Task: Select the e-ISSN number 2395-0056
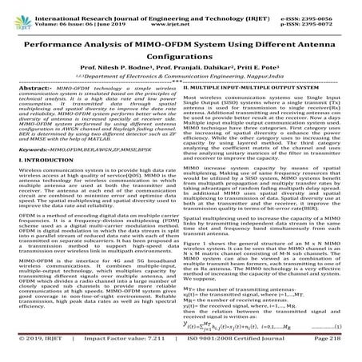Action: click(330, 10)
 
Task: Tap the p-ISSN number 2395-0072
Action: click(330, 18)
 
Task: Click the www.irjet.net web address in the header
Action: click(181, 18)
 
